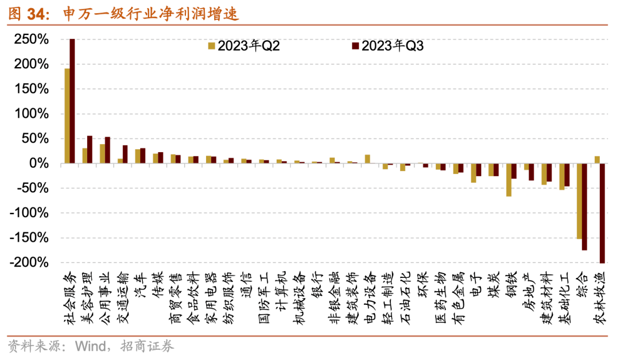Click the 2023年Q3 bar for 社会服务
click(72, 101)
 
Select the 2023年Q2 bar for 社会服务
click(67, 116)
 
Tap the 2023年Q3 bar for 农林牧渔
click(602, 213)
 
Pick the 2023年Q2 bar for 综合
click(579, 201)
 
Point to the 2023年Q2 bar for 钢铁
click(509, 180)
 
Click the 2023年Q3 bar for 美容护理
click(90, 150)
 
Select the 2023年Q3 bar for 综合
click(584, 207)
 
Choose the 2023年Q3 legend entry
click(387, 47)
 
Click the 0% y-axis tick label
click(40, 164)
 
